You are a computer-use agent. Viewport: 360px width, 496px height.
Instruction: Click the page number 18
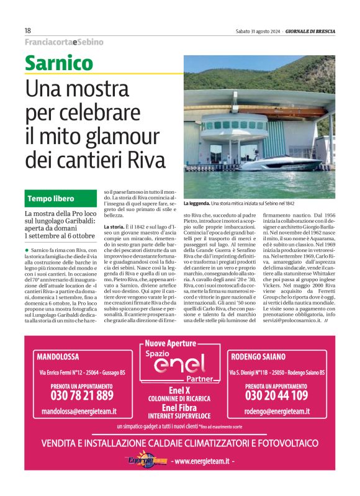28,30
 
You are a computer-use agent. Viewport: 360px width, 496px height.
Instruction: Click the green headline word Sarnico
58,63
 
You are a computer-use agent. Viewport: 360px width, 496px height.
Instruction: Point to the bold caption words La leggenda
196,203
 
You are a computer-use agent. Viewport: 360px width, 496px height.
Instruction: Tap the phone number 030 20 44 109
276,395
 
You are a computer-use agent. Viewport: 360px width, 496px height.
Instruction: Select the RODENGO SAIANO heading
258,357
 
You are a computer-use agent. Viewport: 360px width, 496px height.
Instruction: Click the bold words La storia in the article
112,228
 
